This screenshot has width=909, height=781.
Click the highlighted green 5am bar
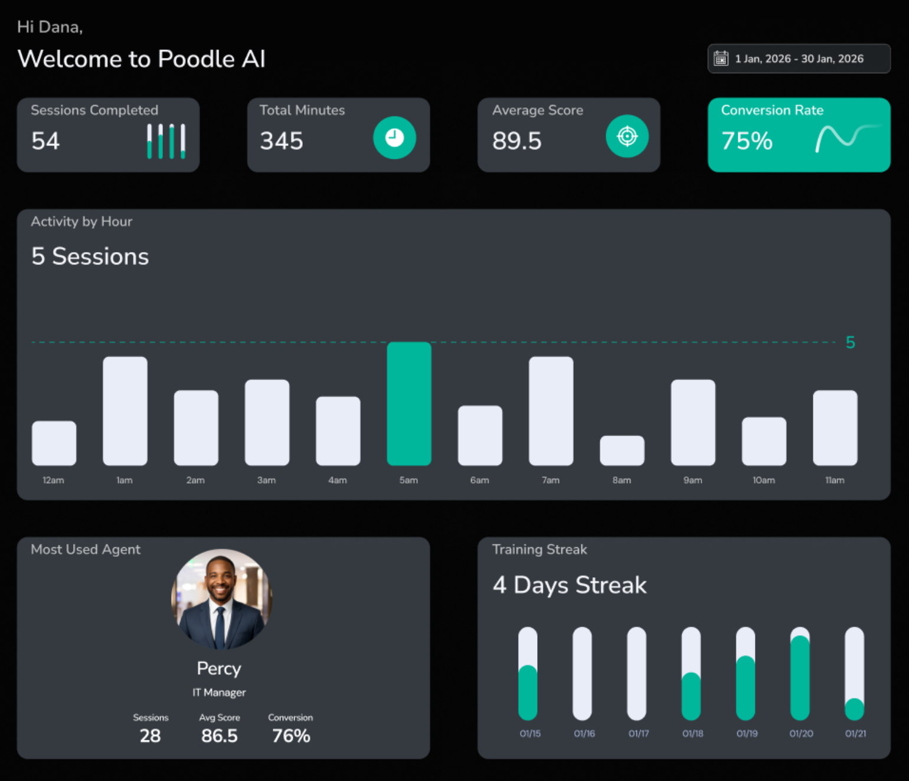(409, 404)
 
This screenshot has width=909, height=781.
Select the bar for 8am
(622, 450)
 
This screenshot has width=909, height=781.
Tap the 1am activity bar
(125, 411)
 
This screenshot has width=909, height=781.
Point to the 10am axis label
(764, 481)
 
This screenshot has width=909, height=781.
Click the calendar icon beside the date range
(721, 58)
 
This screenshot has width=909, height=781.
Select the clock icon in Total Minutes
(394, 138)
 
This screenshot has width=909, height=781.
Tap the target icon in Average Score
(627, 136)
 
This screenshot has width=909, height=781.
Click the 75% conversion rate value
(747, 141)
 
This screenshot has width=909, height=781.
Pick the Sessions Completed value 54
(45, 141)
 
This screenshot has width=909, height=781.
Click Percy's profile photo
(221, 599)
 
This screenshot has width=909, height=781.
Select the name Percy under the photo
(219, 668)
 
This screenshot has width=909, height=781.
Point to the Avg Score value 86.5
(219, 736)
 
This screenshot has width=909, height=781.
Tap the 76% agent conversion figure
(291, 736)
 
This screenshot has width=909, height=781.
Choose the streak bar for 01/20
(800, 674)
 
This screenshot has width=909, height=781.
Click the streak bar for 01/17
(636, 674)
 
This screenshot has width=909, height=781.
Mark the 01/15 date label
(530, 734)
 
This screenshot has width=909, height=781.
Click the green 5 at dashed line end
(850, 342)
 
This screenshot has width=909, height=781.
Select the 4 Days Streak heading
(570, 585)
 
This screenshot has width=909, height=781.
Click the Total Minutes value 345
(282, 141)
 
